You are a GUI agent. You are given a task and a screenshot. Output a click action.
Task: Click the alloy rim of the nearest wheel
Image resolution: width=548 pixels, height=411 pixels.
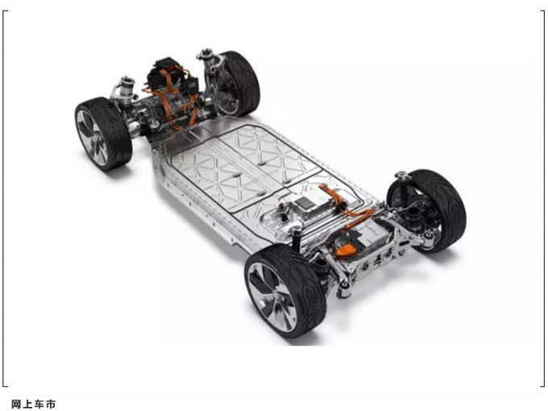point(272,297)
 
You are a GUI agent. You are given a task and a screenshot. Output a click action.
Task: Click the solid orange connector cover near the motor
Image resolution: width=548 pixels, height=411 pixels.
point(346,251)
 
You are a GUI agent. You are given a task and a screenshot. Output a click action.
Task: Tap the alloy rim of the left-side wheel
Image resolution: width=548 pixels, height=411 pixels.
point(92,137)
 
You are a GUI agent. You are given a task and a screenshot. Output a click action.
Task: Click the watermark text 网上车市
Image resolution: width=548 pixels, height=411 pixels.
point(34,405)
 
